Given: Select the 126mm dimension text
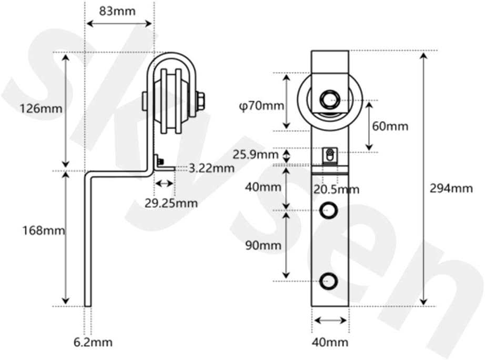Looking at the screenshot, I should (41, 109).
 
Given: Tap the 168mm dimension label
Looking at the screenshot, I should (44, 230).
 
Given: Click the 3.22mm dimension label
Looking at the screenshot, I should (211, 168).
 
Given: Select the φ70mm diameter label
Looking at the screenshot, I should (258, 106).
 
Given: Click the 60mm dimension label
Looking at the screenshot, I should (390, 126).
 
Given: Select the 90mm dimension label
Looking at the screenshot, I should (263, 245).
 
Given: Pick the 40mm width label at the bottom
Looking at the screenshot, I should (330, 343).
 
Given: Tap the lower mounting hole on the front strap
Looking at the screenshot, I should (329, 281).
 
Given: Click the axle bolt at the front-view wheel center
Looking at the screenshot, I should (329, 99).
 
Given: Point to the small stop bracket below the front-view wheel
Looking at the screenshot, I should (329, 156).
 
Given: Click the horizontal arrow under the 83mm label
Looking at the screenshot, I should (119, 23).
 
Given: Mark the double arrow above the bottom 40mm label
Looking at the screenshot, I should (330, 320).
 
